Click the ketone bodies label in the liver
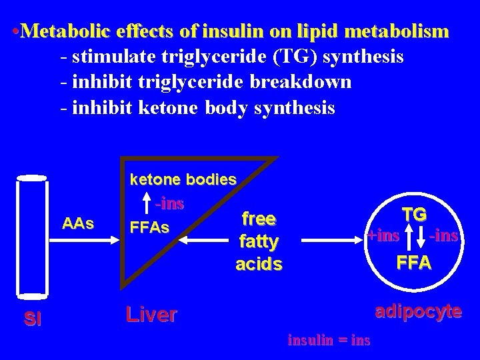tap(183, 179)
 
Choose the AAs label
tap(78, 223)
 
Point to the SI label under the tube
tap(33, 319)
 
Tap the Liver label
tap(151, 315)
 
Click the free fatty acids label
tap(259, 241)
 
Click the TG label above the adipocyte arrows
tap(415, 214)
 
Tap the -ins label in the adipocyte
tap(444, 235)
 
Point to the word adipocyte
tap(419, 311)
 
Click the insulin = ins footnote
tap(329, 340)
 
